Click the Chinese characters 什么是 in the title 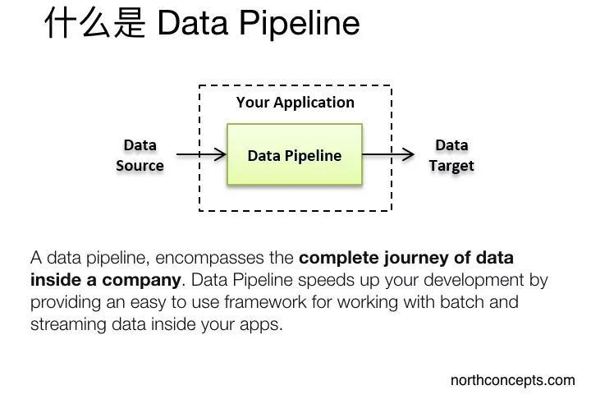pyautogui.click(x=94, y=22)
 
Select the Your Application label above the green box pyautogui.click(x=295, y=103)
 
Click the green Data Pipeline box pyautogui.click(x=294, y=154)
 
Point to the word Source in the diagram pyautogui.click(x=140, y=165)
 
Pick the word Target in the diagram pyautogui.click(x=451, y=165)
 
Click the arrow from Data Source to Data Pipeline pyautogui.click(x=200, y=154)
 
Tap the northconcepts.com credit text pyautogui.click(x=512, y=380)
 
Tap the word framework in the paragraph pyautogui.click(x=265, y=301)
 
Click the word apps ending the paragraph pyautogui.click(x=262, y=323)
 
